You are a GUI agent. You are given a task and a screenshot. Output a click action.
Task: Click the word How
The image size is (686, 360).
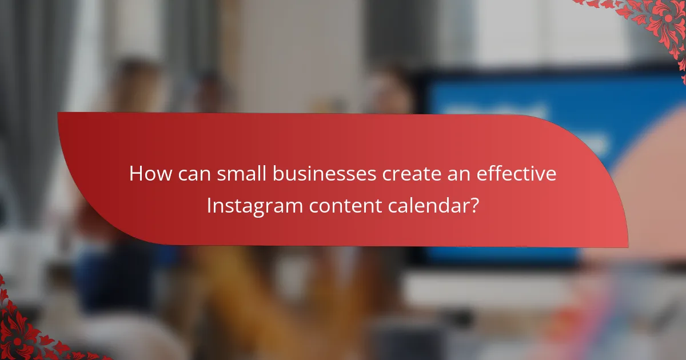[147, 174]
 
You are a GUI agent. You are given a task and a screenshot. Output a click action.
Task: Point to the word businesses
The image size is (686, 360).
[313, 174]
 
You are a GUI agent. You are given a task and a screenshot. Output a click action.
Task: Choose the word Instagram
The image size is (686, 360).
[254, 205]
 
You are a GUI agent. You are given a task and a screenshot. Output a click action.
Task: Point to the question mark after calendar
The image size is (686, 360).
[474, 205]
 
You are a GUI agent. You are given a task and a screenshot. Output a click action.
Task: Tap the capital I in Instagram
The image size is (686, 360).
[209, 205]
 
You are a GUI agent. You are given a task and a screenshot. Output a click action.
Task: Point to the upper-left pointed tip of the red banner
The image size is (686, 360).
[59, 113]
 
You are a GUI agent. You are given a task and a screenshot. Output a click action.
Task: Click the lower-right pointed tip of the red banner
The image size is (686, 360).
[627, 246]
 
